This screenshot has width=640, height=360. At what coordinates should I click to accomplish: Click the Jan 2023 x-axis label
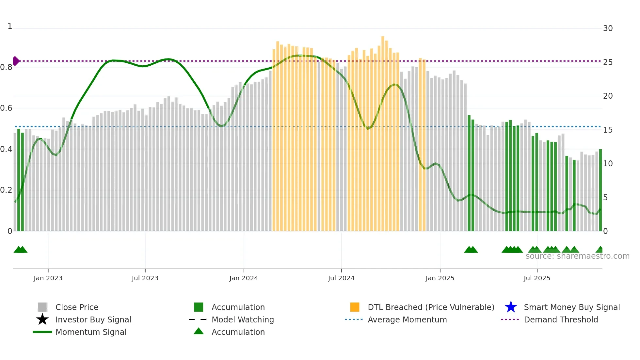(48, 278)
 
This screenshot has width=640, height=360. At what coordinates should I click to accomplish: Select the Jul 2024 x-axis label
(341, 278)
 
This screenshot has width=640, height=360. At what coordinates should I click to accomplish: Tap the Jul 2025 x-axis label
(537, 278)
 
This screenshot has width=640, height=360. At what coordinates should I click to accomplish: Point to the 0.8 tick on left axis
(6, 67)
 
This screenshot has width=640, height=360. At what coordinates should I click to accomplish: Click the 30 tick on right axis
(608, 28)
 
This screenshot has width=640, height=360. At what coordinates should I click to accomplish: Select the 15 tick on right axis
(608, 130)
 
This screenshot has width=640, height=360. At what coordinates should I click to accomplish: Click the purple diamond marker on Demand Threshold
(16, 61)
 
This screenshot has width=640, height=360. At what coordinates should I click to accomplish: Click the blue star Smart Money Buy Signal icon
(511, 307)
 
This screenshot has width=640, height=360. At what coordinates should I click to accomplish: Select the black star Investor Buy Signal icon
(42, 319)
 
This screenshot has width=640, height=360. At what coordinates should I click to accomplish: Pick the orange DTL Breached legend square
(355, 307)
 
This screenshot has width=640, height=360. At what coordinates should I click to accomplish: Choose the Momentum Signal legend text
(91, 332)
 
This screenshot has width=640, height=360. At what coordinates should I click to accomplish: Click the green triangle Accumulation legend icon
(199, 331)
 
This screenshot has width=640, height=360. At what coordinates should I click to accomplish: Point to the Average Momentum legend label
(407, 319)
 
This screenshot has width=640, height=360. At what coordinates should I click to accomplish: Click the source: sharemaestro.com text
(577, 256)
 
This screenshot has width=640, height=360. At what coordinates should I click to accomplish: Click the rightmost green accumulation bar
(600, 189)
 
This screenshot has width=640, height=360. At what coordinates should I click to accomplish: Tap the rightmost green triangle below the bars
(600, 250)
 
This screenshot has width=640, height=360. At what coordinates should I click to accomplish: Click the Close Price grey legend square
(42, 307)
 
